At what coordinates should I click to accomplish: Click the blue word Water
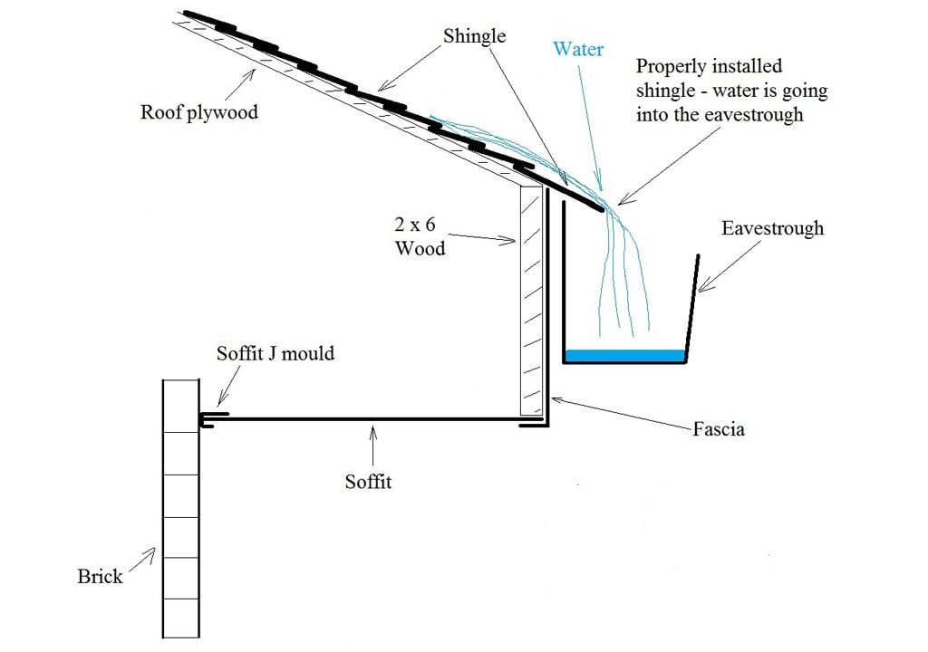pos(578,49)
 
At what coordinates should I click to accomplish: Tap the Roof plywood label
pos(198,112)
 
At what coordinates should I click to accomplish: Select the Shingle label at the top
pos(474,36)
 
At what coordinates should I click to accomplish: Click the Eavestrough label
pos(773,227)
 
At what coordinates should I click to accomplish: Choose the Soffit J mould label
pos(275,352)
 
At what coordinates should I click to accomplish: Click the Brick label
pos(100,576)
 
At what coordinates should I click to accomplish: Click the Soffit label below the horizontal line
pos(368,482)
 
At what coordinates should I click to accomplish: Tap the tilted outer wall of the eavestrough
pos(692,308)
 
